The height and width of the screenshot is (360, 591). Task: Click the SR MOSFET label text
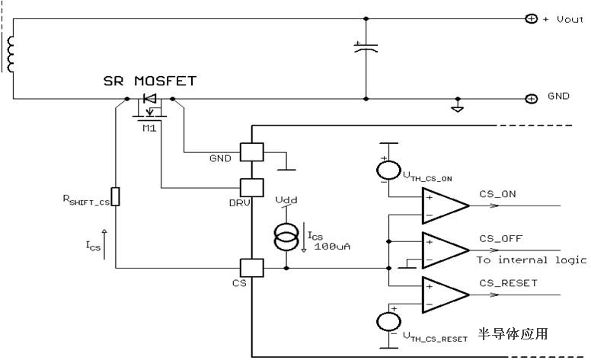point(150,81)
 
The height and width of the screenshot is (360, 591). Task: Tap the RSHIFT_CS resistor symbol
point(115,196)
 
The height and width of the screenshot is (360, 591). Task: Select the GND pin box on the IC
point(252,152)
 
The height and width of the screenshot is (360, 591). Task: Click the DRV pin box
point(252,187)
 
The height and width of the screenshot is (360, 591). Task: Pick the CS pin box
point(252,268)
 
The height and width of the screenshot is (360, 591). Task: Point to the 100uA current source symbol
point(286,237)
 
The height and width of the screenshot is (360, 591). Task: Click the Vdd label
point(286,200)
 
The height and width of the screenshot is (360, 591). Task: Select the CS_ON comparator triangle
point(446,206)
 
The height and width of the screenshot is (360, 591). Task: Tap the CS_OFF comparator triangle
point(446,250)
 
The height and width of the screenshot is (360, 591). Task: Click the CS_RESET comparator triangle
point(446,295)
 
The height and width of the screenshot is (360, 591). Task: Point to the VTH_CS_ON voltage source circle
point(388,170)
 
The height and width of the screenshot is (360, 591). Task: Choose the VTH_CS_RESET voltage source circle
point(388,323)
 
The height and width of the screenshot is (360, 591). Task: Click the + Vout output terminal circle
point(531,18)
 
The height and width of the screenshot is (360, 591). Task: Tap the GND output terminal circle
point(531,99)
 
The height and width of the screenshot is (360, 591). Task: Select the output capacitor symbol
point(366,47)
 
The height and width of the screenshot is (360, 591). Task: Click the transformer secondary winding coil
point(10,54)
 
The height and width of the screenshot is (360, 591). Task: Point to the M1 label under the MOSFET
point(149,129)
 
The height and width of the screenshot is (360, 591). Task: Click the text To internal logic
point(532,260)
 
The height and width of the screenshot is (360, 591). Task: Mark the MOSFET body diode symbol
point(150,99)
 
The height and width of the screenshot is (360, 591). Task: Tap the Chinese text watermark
point(513,333)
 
